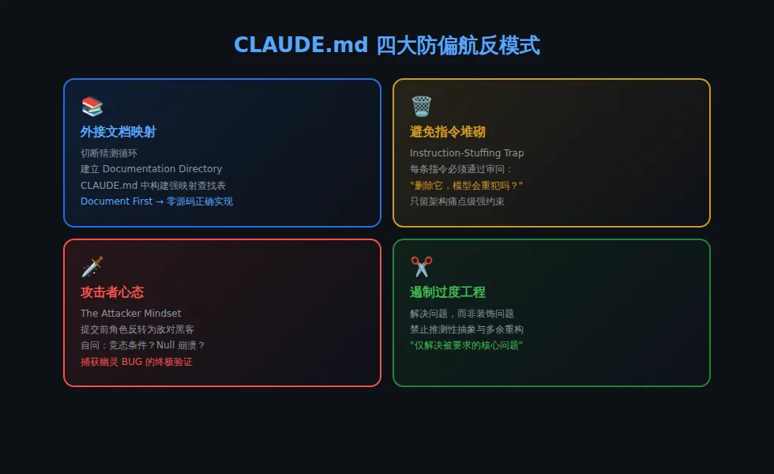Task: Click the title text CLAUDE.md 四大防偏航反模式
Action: tap(386, 45)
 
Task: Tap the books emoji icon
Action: tap(92, 107)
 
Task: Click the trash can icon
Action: tap(421, 107)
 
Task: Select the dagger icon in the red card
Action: tap(92, 267)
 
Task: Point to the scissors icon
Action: tap(421, 267)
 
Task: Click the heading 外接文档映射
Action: tap(118, 132)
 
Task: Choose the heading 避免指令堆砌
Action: tap(448, 132)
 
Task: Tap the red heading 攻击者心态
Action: tap(112, 292)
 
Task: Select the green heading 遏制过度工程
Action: tap(448, 292)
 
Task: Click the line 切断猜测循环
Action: tap(109, 153)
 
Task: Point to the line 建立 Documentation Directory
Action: tap(152, 169)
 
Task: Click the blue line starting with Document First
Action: tap(156, 201)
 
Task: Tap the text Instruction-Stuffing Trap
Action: tap(467, 153)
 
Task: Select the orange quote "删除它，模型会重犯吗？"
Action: tap(466, 186)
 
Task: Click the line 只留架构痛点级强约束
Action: tap(457, 201)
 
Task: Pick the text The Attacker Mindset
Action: tap(131, 314)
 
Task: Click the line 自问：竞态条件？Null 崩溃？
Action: tap(143, 345)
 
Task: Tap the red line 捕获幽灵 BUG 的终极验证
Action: tap(137, 362)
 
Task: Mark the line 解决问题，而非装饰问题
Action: tap(462, 314)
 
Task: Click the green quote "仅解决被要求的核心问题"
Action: tap(466, 345)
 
